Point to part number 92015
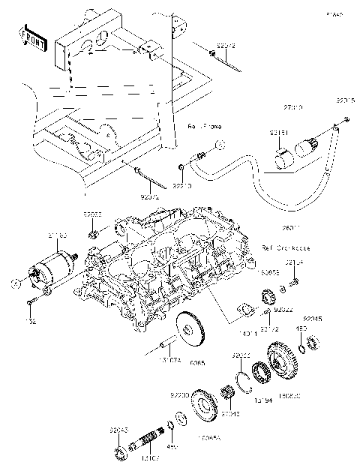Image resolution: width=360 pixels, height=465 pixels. tap(344, 100)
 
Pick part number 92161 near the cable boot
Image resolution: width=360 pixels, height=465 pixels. tap(278, 133)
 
